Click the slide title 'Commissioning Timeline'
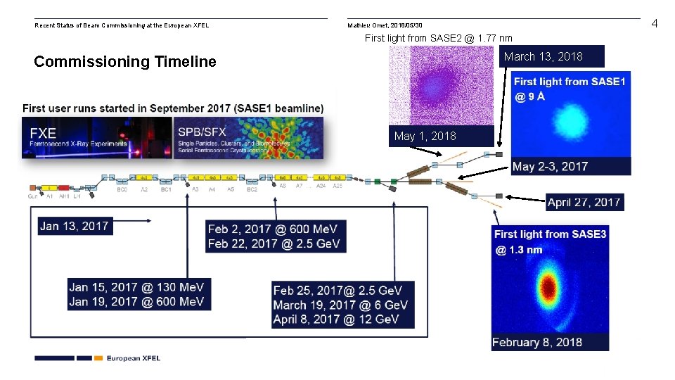pos(125,62)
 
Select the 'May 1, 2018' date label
pos(425,136)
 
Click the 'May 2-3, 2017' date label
pos(550,167)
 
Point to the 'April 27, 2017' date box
pos(584,202)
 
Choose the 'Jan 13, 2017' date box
pos(75,226)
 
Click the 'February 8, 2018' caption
pos(537,342)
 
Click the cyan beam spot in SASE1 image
pos(570,120)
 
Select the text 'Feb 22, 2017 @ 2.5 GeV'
pos(274,243)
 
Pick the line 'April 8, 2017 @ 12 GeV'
pos(335,319)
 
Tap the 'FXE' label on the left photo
pos(44,133)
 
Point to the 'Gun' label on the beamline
pos(33,197)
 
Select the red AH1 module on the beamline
pos(64,189)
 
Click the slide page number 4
pos(654,24)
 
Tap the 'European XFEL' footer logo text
pos(134,358)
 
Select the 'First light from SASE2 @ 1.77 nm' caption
pos(438,38)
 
